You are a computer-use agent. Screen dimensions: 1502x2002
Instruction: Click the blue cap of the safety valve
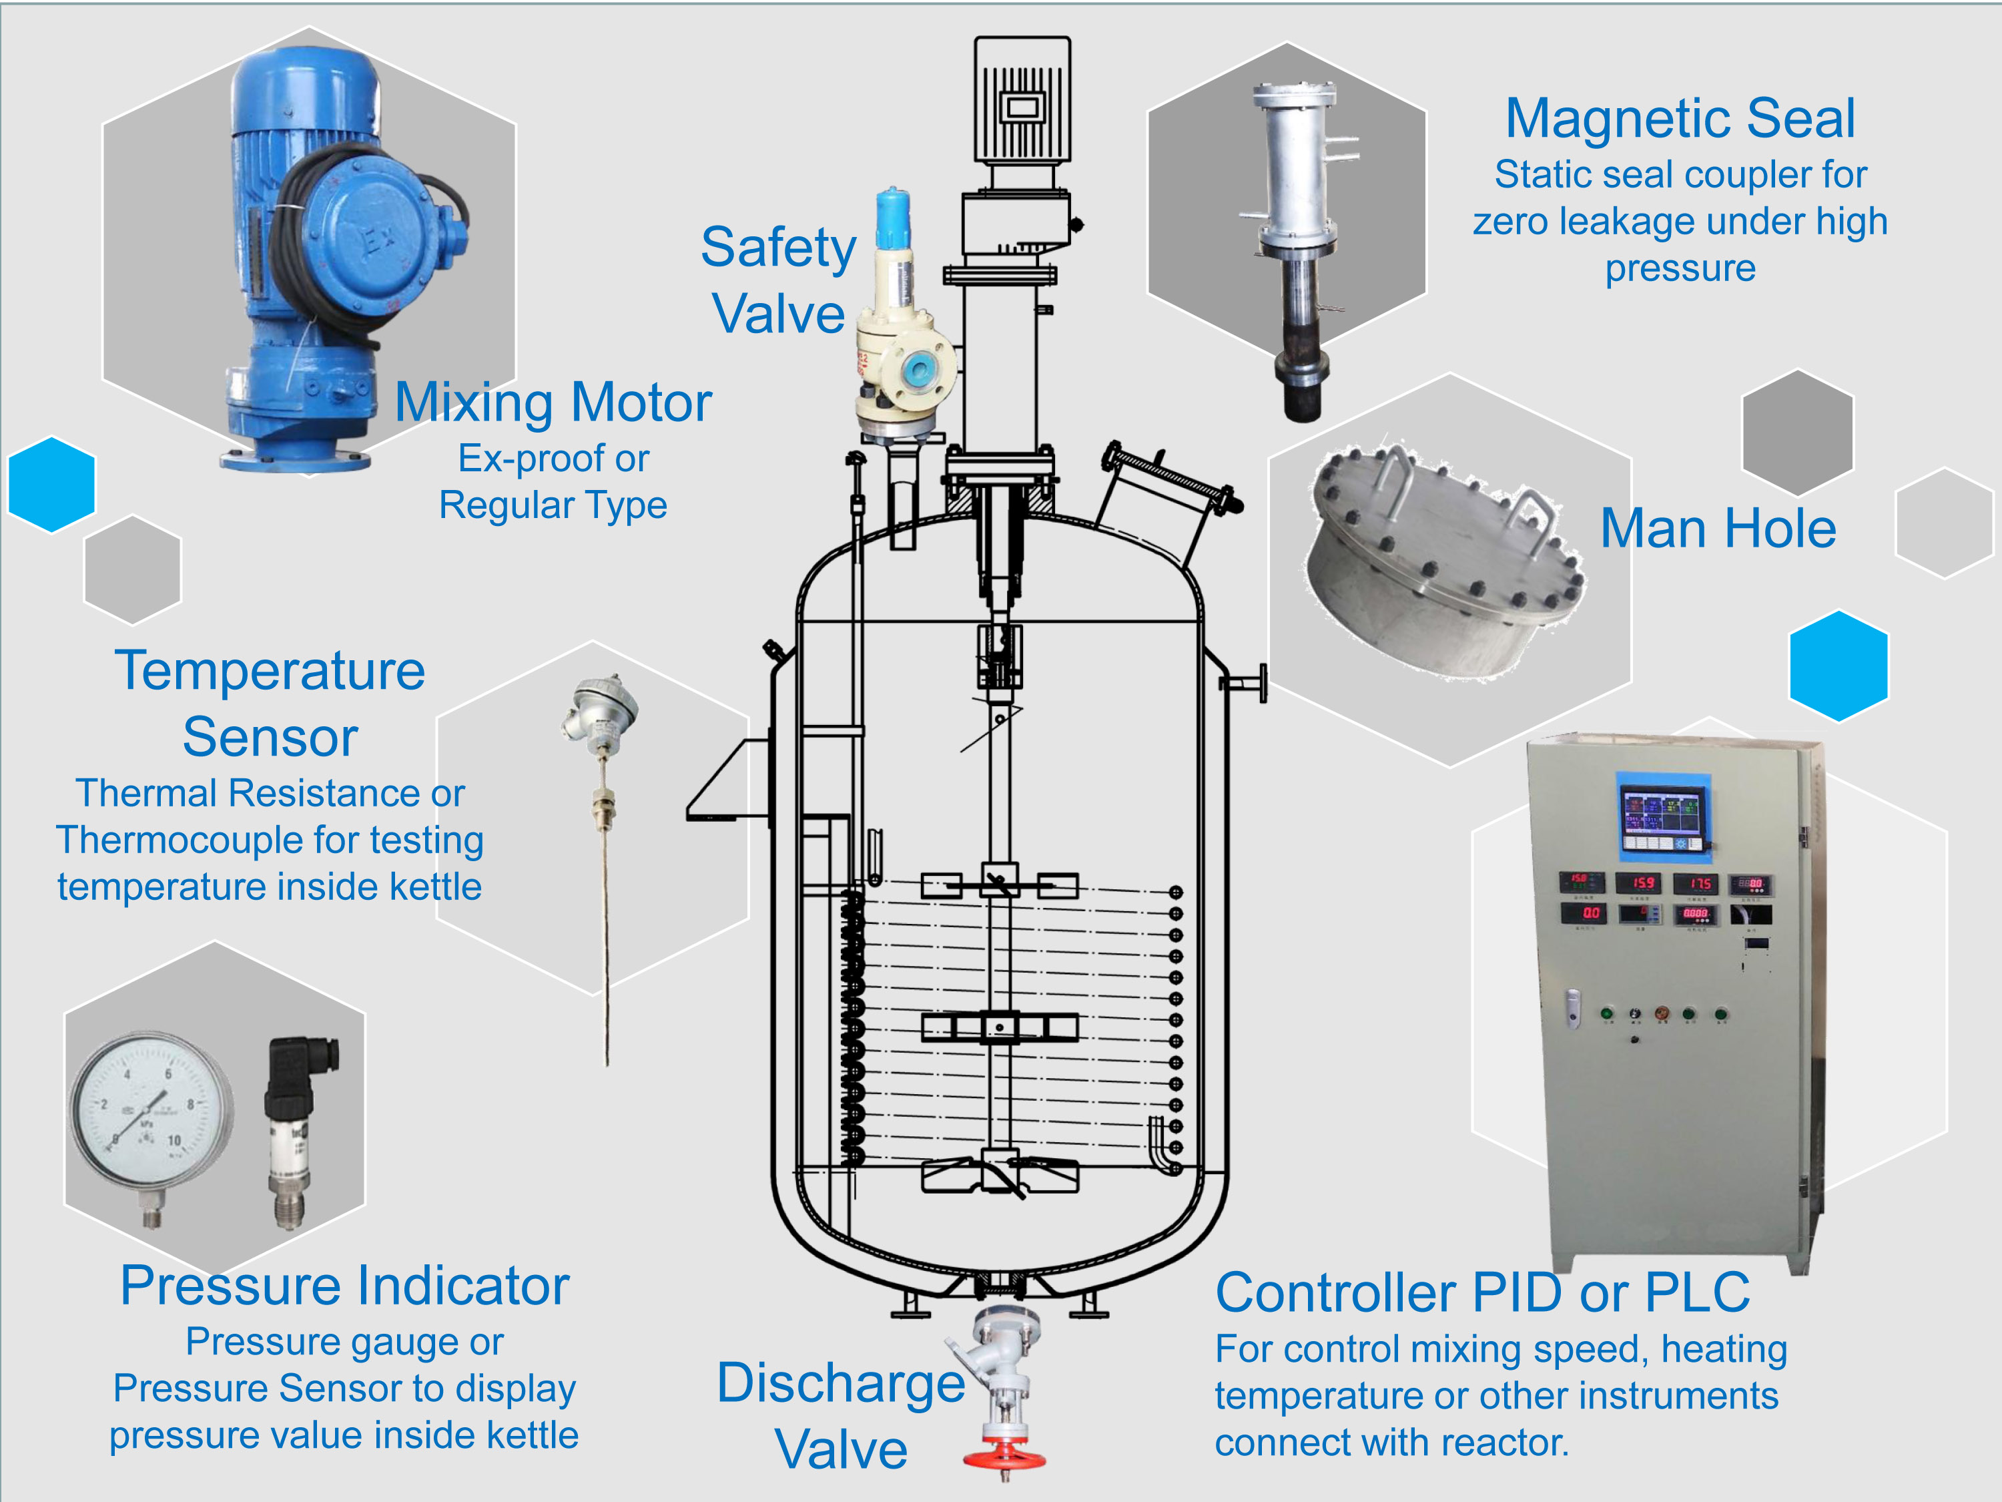(894, 217)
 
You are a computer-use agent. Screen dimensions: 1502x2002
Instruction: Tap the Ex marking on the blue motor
(378, 239)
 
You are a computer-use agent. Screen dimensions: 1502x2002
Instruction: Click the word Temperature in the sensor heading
(270, 671)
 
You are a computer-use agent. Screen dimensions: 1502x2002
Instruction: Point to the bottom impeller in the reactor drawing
(999, 1174)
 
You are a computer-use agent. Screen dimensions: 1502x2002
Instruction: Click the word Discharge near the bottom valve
(840, 1383)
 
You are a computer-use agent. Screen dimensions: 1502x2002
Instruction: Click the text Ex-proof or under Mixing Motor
(553, 458)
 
